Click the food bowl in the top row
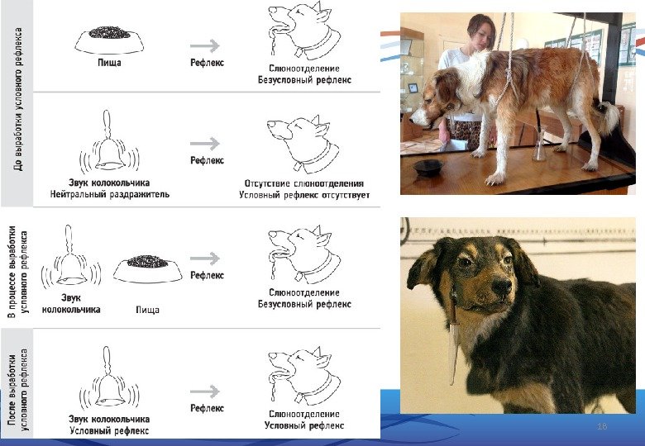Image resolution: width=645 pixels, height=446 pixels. (x=109, y=40)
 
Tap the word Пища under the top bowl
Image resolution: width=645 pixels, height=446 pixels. (x=109, y=63)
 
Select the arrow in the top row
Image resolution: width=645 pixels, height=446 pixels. (x=205, y=45)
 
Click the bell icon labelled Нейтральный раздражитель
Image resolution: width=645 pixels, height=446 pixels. (x=109, y=141)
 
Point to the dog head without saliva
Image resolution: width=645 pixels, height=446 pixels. (x=303, y=144)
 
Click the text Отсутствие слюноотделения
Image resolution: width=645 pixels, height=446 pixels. (x=304, y=183)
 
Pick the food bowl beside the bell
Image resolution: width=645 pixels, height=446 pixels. (x=148, y=268)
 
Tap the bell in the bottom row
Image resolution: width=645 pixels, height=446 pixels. (x=109, y=377)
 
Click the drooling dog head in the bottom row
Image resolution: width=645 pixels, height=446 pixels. (x=304, y=375)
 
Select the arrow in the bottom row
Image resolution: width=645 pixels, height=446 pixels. (x=205, y=391)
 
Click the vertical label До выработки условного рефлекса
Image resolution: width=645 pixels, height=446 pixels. (x=17, y=99)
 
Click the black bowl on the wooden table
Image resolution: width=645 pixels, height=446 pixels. (x=428, y=168)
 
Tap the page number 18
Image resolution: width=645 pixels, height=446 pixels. (x=602, y=426)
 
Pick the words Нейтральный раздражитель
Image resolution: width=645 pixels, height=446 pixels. (x=109, y=194)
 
